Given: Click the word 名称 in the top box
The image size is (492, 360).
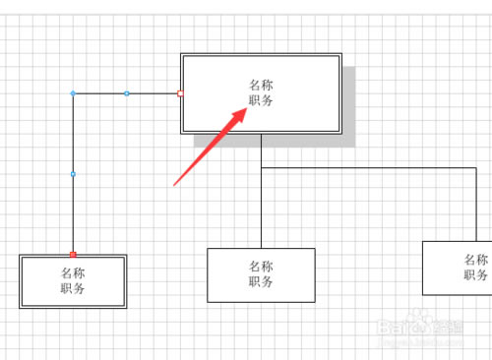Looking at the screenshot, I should click(x=261, y=85).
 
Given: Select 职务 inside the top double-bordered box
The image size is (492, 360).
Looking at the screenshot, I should click(x=261, y=100).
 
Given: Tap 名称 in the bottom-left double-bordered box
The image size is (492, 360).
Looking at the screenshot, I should click(x=73, y=272).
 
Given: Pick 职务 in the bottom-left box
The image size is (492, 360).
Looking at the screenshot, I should click(x=73, y=288).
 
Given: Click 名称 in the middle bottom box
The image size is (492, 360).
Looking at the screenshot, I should click(x=261, y=266).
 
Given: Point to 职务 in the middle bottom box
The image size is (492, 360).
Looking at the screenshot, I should click(x=261, y=281).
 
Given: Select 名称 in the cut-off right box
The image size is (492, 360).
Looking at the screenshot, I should click(x=476, y=260).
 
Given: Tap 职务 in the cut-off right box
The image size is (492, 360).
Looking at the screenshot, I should click(x=476, y=275).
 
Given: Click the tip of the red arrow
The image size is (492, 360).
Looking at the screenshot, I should click(x=246, y=110).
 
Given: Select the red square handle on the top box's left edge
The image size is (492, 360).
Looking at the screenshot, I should click(x=180, y=93).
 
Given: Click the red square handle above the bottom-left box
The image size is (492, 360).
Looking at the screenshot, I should click(x=73, y=254).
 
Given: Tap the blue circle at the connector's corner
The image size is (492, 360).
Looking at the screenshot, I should click(x=73, y=93).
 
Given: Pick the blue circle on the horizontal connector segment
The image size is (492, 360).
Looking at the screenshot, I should click(x=126, y=93).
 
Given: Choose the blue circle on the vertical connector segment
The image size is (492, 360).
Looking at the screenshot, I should click(x=73, y=174).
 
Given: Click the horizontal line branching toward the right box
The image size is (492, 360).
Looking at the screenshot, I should click(x=374, y=168).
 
